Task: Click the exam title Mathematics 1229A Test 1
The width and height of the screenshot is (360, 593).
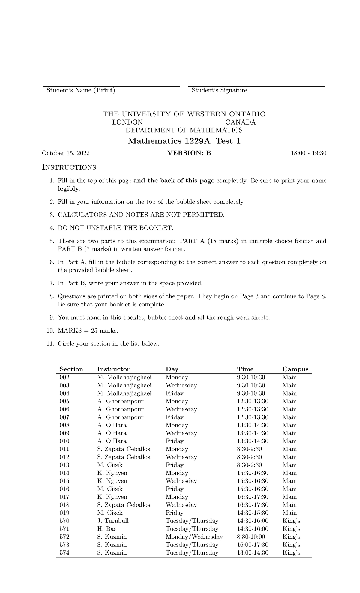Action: tap(184, 141)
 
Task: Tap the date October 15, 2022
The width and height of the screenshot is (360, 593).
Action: tap(66, 153)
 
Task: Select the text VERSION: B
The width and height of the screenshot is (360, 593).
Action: tap(189, 153)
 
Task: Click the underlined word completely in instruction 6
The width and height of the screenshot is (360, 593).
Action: tap(302, 262)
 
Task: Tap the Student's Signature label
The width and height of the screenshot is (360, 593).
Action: tap(219, 90)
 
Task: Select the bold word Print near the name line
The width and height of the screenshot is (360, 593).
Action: tap(104, 90)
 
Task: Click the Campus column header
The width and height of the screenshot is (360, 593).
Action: tap(295, 369)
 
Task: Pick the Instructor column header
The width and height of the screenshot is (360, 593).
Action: tap(113, 369)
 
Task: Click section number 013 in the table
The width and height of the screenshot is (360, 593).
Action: tap(64, 465)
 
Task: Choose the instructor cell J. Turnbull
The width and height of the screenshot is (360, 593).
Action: tap(113, 521)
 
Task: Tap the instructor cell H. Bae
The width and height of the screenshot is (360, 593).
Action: tap(107, 529)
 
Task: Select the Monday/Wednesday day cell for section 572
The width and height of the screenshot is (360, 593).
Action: tap(194, 537)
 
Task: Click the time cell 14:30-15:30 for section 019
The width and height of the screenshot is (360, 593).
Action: tap(253, 513)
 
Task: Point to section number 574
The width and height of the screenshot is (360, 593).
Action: tap(64, 553)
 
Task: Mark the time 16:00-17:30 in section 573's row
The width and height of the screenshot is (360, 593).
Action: tap(253, 545)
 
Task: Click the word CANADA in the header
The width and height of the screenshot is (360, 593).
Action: tap(241, 122)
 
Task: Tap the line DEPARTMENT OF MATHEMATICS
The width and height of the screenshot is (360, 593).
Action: tap(184, 130)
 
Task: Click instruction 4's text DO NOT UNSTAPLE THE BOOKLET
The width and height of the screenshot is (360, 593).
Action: tap(115, 228)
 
